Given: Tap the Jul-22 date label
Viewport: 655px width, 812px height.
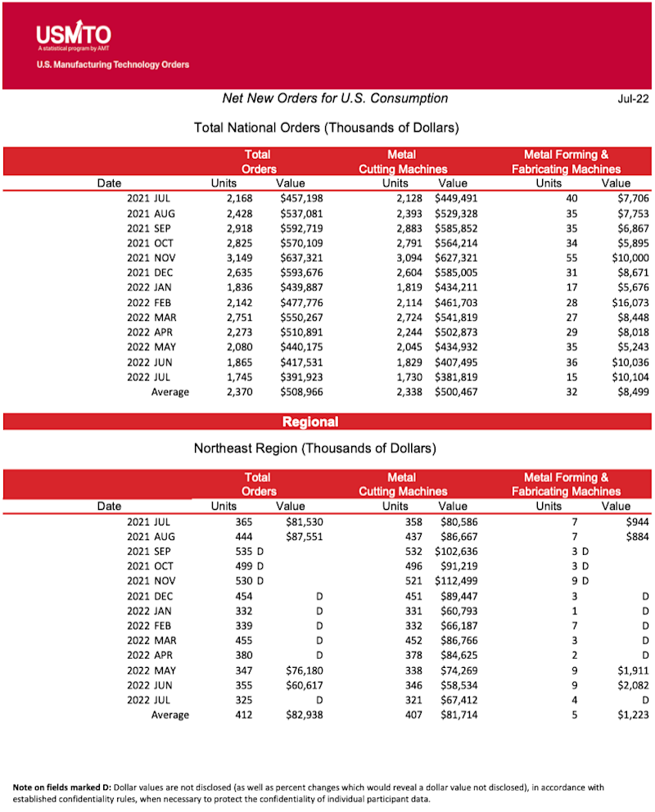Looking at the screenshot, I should pyautogui.click(x=632, y=99).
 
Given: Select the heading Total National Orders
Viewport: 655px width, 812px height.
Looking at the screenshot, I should pyautogui.click(x=326, y=129).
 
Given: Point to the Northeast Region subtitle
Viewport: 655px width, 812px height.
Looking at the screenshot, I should pyautogui.click(x=314, y=449).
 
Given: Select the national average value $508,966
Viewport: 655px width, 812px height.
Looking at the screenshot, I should pyautogui.click(x=301, y=392).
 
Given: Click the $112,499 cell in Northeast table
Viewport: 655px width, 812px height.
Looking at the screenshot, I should pyautogui.click(x=454, y=582).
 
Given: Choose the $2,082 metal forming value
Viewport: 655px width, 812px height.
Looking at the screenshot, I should pyautogui.click(x=629, y=685).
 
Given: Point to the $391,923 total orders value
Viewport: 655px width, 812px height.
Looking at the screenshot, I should pyautogui.click(x=301, y=377).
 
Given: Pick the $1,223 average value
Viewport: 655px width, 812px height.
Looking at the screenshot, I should pyautogui.click(x=629, y=715).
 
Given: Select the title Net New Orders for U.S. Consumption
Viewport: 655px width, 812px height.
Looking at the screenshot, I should pyautogui.click(x=335, y=99).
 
